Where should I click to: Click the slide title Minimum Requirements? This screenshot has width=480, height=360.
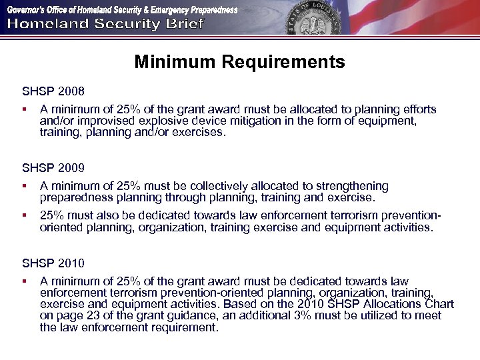pos(239,62)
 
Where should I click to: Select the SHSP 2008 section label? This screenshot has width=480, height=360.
pos(53,90)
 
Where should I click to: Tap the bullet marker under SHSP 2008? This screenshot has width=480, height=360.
pos(24,109)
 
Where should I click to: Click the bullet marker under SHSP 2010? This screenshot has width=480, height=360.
pos(24,281)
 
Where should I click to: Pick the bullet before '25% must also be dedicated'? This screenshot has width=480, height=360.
pos(24,215)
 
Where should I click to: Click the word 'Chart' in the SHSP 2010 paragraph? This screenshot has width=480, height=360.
pos(439,304)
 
